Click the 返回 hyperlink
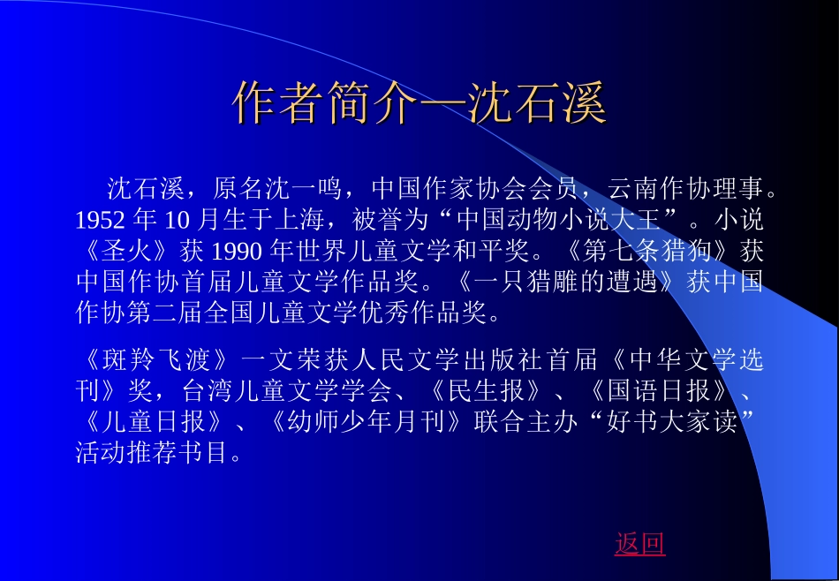(639, 544)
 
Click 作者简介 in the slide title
(324, 104)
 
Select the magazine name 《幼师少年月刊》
(367, 423)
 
